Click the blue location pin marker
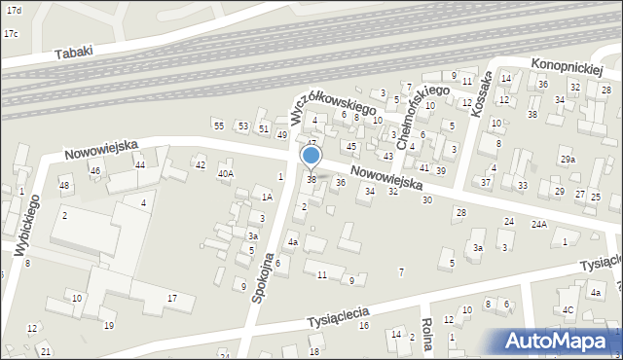(311, 156)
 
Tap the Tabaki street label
(74, 53)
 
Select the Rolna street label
(426, 335)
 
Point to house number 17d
(12, 9)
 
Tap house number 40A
(225, 174)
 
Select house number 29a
(568, 160)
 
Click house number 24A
(538, 224)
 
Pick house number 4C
(568, 312)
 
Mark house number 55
(219, 126)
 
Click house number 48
(64, 185)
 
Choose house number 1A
(266, 197)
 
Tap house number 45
(351, 146)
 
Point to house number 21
(46, 350)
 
